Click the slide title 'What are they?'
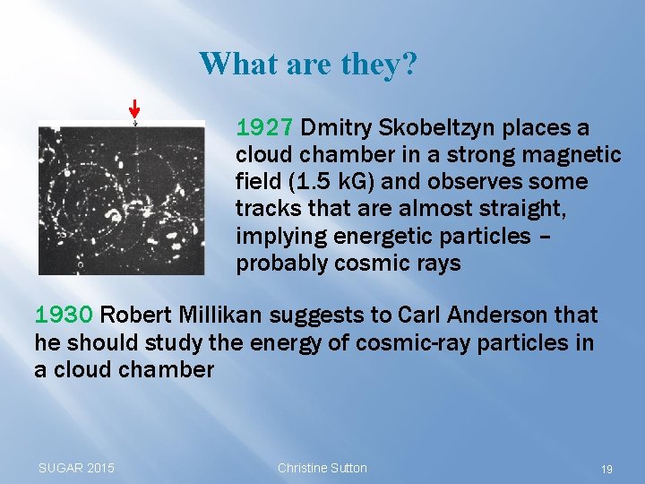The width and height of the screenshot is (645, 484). coord(307,64)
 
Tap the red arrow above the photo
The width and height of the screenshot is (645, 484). coord(134,108)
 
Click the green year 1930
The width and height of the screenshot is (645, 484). coord(64,315)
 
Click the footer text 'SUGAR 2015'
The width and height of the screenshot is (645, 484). coord(76,468)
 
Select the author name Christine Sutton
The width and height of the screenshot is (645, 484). coord(322,468)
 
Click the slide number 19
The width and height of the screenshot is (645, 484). coord(606,469)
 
